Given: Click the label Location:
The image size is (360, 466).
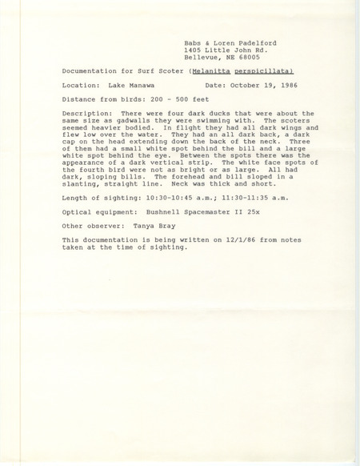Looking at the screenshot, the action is pyautogui.click(x=81, y=86).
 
